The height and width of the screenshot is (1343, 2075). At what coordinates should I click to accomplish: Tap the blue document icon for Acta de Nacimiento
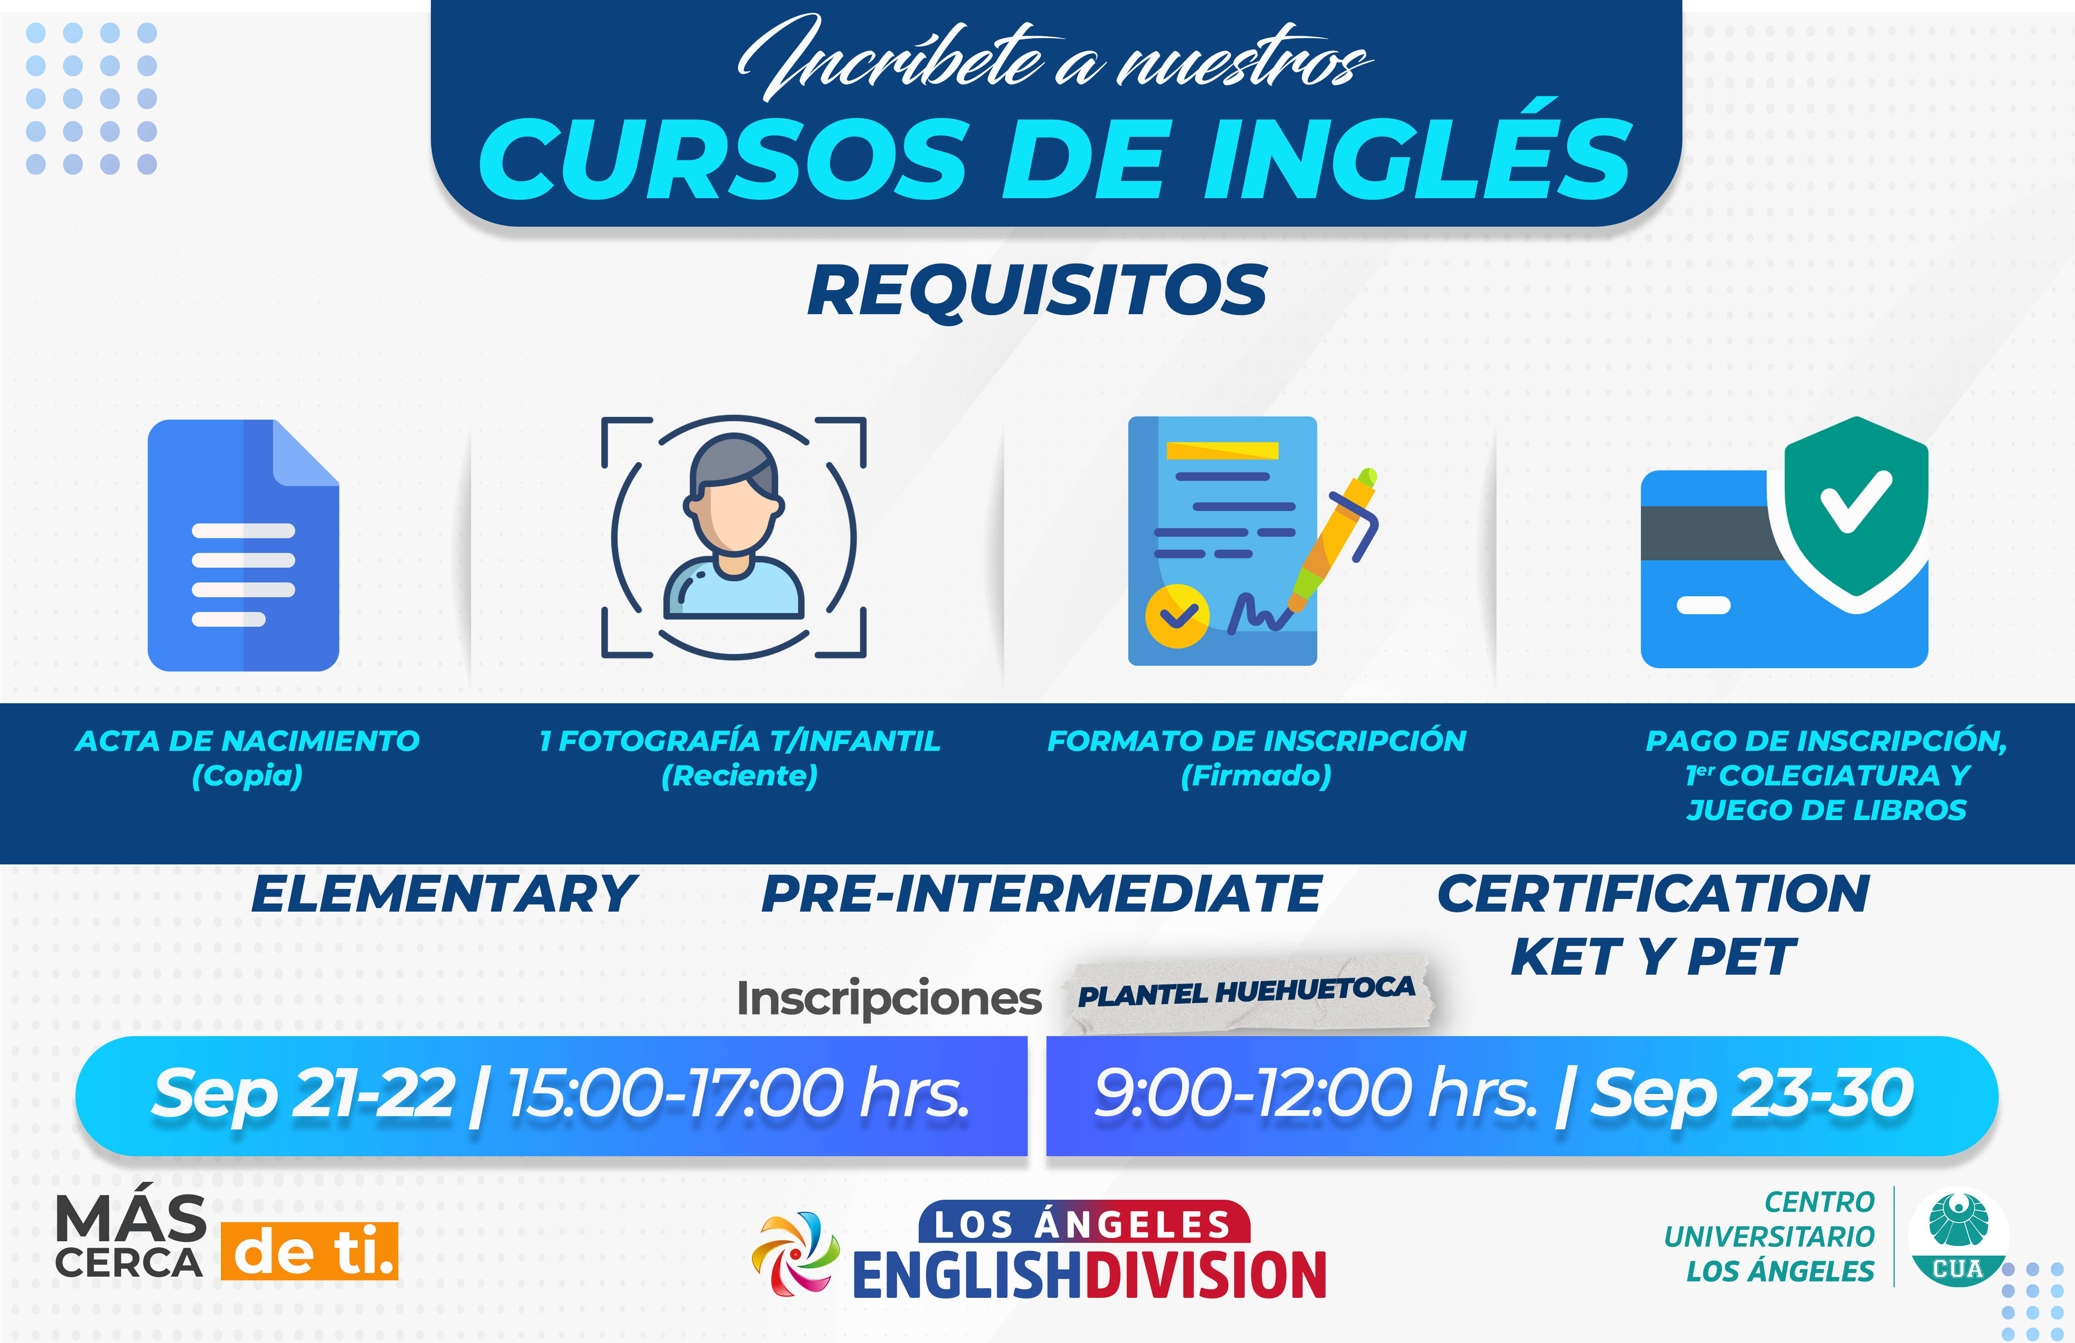pos(243,545)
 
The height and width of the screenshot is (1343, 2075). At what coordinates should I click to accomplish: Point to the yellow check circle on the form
pos(1177,616)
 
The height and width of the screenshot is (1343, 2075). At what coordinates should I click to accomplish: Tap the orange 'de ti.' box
pos(310,1251)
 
